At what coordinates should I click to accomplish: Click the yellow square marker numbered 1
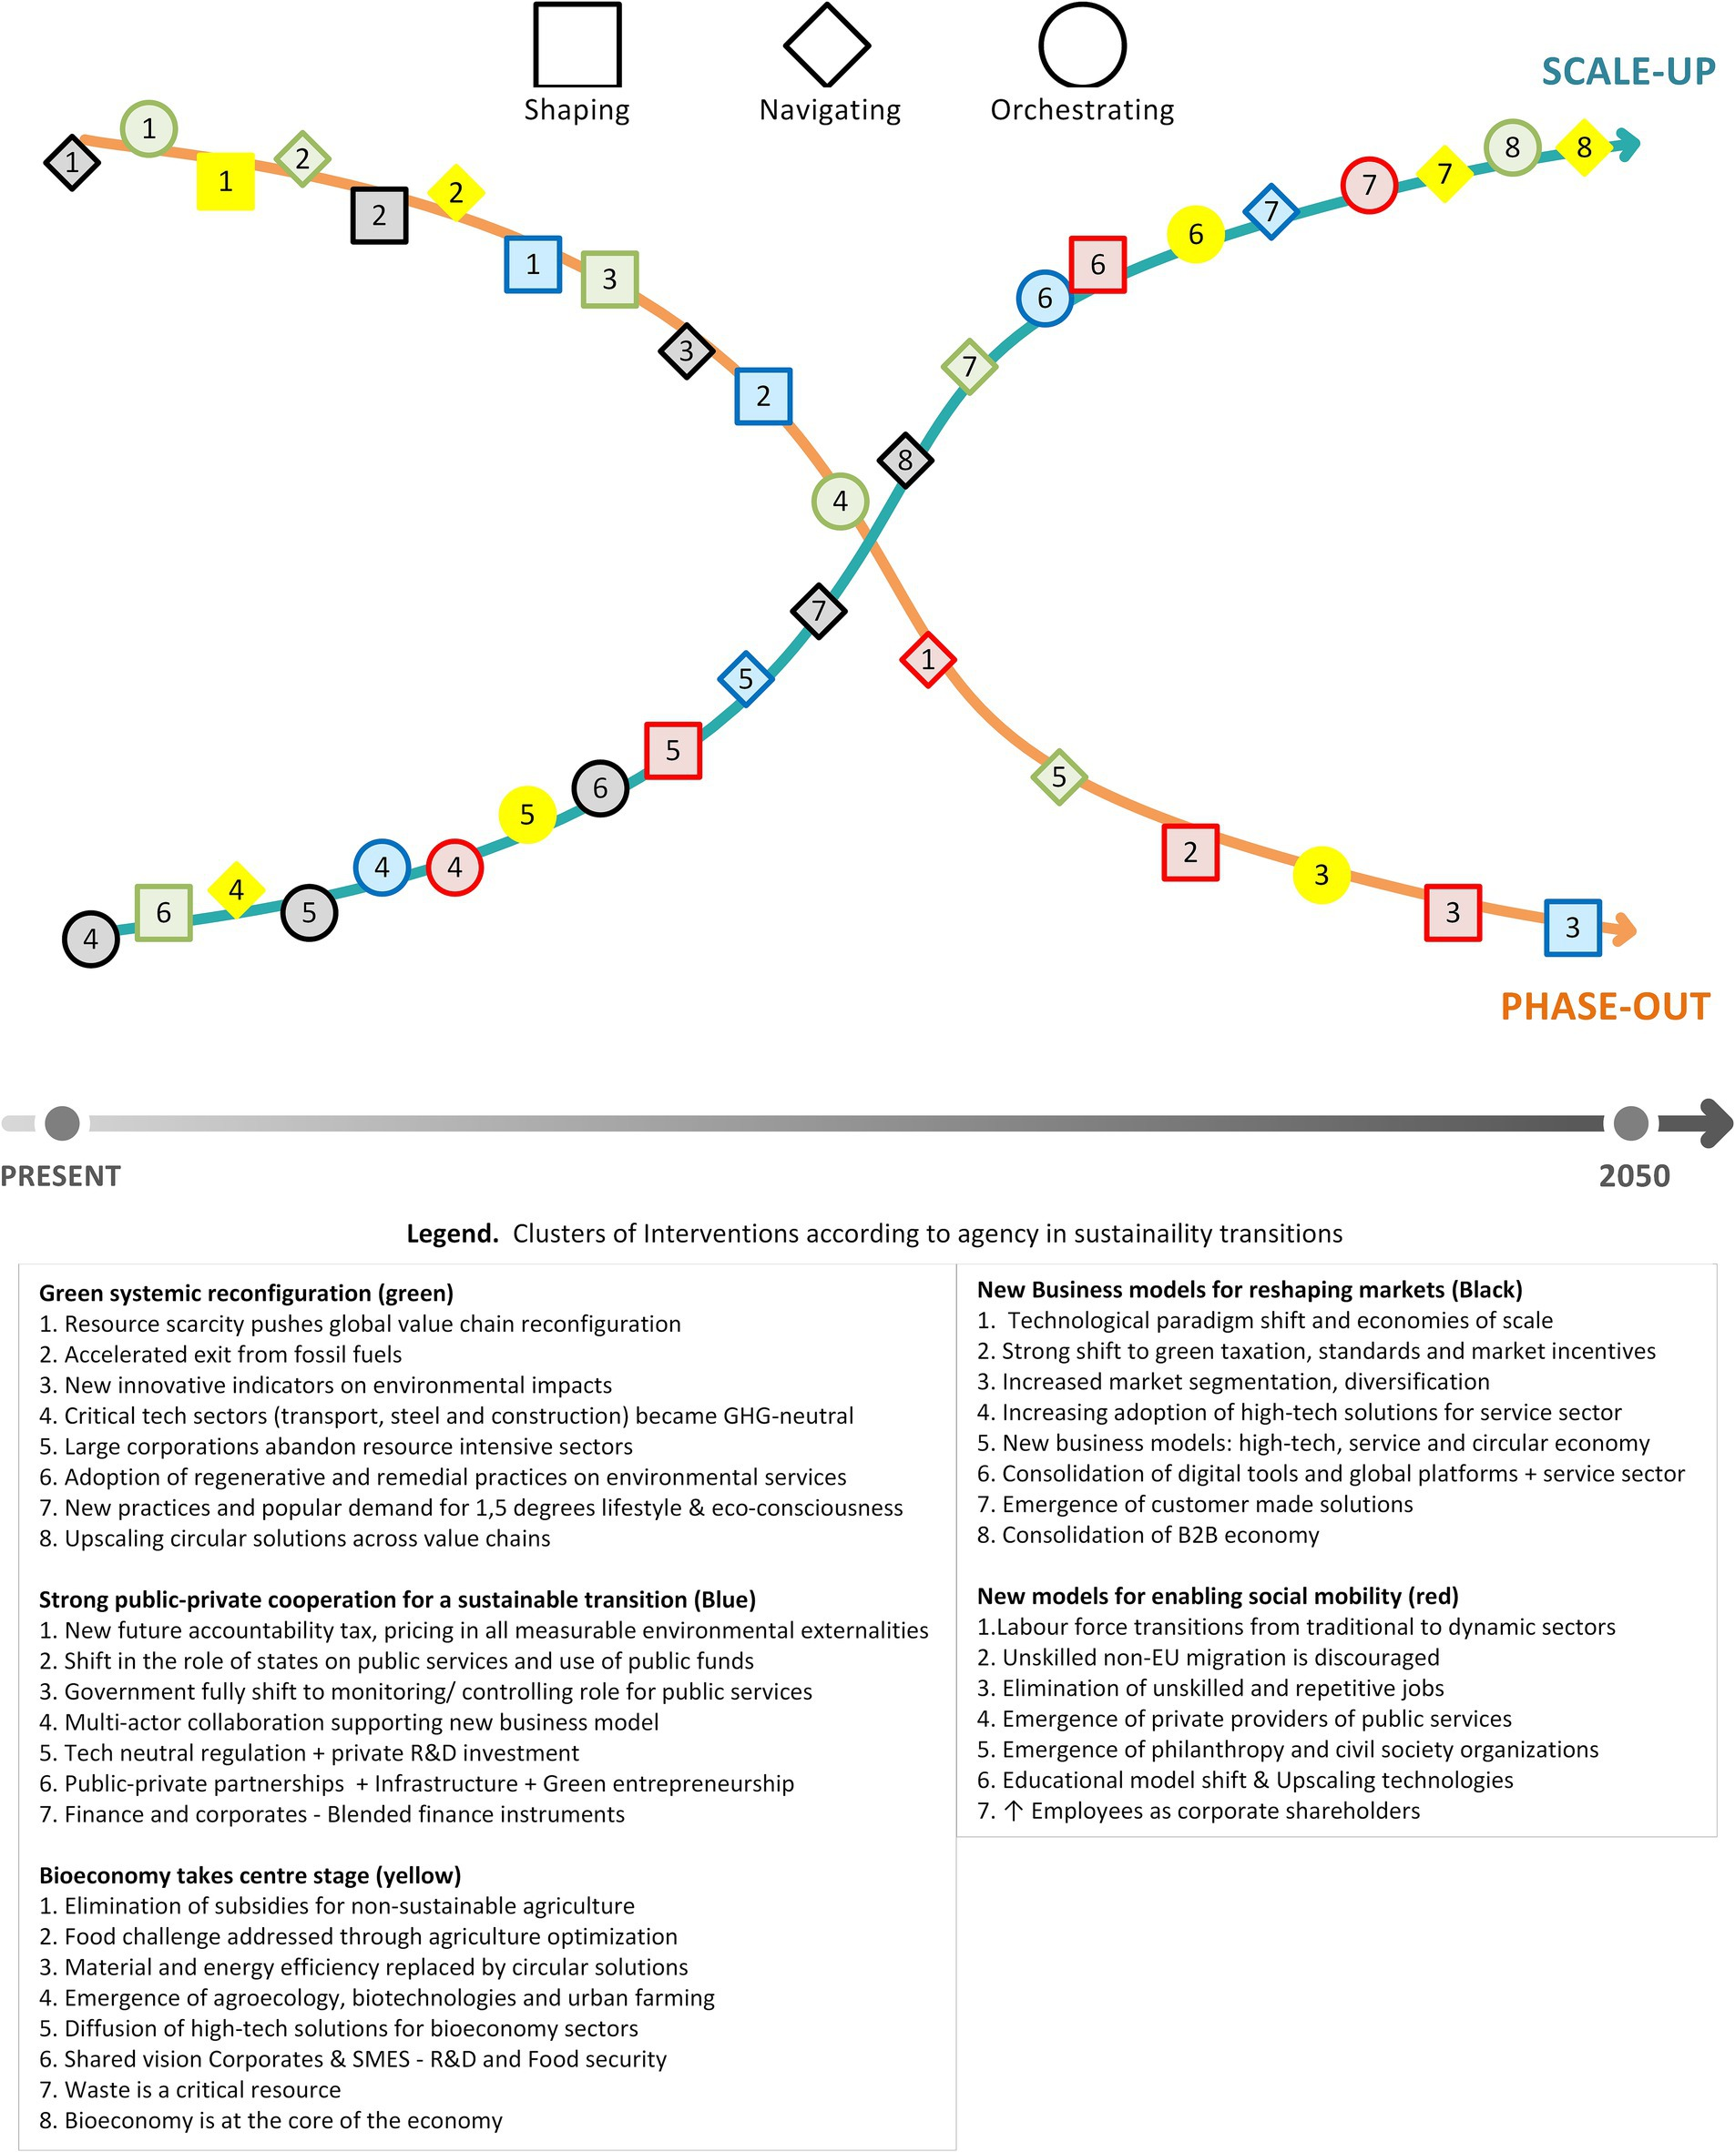(x=225, y=181)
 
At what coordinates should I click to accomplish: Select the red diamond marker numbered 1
(x=927, y=659)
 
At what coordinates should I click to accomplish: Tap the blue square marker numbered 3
(x=1572, y=927)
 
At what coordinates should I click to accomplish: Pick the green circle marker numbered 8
(x=1511, y=147)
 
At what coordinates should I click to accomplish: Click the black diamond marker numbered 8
(x=904, y=461)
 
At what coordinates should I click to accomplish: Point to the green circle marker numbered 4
(x=840, y=501)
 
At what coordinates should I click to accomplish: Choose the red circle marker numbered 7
(x=1368, y=185)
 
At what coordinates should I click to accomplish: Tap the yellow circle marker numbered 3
(x=1321, y=875)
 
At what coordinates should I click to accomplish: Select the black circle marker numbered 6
(x=599, y=788)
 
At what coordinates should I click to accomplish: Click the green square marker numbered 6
(x=163, y=912)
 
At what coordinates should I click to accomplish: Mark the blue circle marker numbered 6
(x=1045, y=298)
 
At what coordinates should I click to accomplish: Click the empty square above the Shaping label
(x=577, y=45)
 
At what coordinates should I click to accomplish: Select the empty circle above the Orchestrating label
(x=1082, y=45)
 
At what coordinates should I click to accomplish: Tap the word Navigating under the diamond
(x=830, y=110)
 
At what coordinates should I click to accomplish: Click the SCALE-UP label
(x=1627, y=72)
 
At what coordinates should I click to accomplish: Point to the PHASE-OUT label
(x=1605, y=1006)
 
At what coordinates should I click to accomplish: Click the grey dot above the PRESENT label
(x=62, y=1123)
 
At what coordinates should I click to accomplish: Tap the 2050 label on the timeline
(x=1634, y=1176)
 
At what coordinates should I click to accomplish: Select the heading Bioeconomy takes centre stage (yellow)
(x=250, y=1875)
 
